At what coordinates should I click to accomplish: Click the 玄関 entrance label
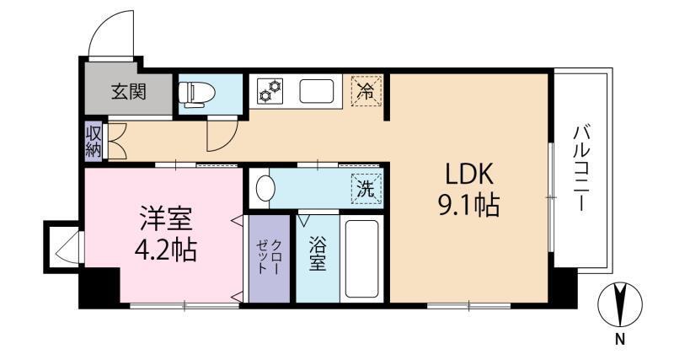129,92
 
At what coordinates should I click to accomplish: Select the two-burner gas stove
270,91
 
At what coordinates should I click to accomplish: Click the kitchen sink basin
317,91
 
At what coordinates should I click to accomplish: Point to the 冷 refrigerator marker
366,91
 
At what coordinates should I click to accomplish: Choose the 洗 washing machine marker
366,189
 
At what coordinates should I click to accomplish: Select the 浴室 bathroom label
318,255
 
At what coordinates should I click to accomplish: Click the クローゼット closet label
270,257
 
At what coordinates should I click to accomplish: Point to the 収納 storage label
94,142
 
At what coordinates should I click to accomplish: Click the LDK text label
468,175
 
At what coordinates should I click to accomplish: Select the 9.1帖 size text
468,205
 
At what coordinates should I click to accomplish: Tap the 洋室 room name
166,218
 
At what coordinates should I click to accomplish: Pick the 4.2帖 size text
166,250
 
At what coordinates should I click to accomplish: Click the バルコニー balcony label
580,168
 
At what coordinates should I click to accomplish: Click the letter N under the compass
619,340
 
